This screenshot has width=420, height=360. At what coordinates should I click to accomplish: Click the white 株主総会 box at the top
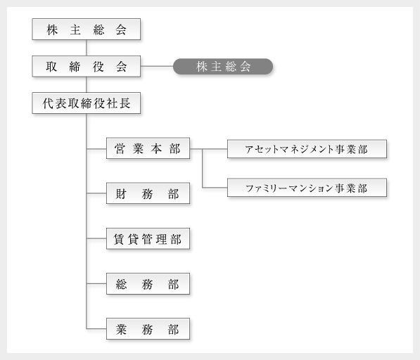coord(87,29)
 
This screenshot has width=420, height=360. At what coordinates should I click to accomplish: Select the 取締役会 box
coord(87,66)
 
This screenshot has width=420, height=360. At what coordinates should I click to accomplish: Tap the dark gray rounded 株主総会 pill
coord(223,66)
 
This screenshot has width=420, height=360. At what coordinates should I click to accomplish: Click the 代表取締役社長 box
coord(87,103)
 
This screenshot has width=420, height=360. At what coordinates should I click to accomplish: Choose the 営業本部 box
coord(148,148)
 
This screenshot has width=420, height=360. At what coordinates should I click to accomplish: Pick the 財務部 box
coord(148,193)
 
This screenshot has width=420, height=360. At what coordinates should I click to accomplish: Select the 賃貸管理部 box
coord(148,238)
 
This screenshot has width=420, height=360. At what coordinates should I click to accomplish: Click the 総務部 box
coord(148,284)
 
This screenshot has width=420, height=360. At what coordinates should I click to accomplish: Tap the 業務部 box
coord(148,328)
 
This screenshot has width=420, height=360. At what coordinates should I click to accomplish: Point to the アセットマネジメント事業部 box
coord(307,149)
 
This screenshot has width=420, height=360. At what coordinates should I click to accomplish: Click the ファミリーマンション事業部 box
coord(307,188)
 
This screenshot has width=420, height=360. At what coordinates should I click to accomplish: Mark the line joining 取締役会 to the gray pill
coord(157,66)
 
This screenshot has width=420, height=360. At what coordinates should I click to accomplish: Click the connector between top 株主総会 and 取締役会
coord(87,48)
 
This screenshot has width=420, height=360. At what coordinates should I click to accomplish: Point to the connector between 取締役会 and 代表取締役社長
coord(87,84)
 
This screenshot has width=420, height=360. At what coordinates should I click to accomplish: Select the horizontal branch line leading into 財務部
coord(96,193)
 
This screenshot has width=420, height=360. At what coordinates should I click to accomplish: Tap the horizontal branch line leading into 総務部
coord(96,283)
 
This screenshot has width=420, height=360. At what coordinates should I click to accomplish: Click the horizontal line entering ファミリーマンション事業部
coord(215,187)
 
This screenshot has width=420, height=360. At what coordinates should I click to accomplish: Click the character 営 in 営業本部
coord(120,148)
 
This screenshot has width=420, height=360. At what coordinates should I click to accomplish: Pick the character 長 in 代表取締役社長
coord(125,103)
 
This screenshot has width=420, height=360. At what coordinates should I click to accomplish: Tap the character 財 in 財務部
coord(121,193)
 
